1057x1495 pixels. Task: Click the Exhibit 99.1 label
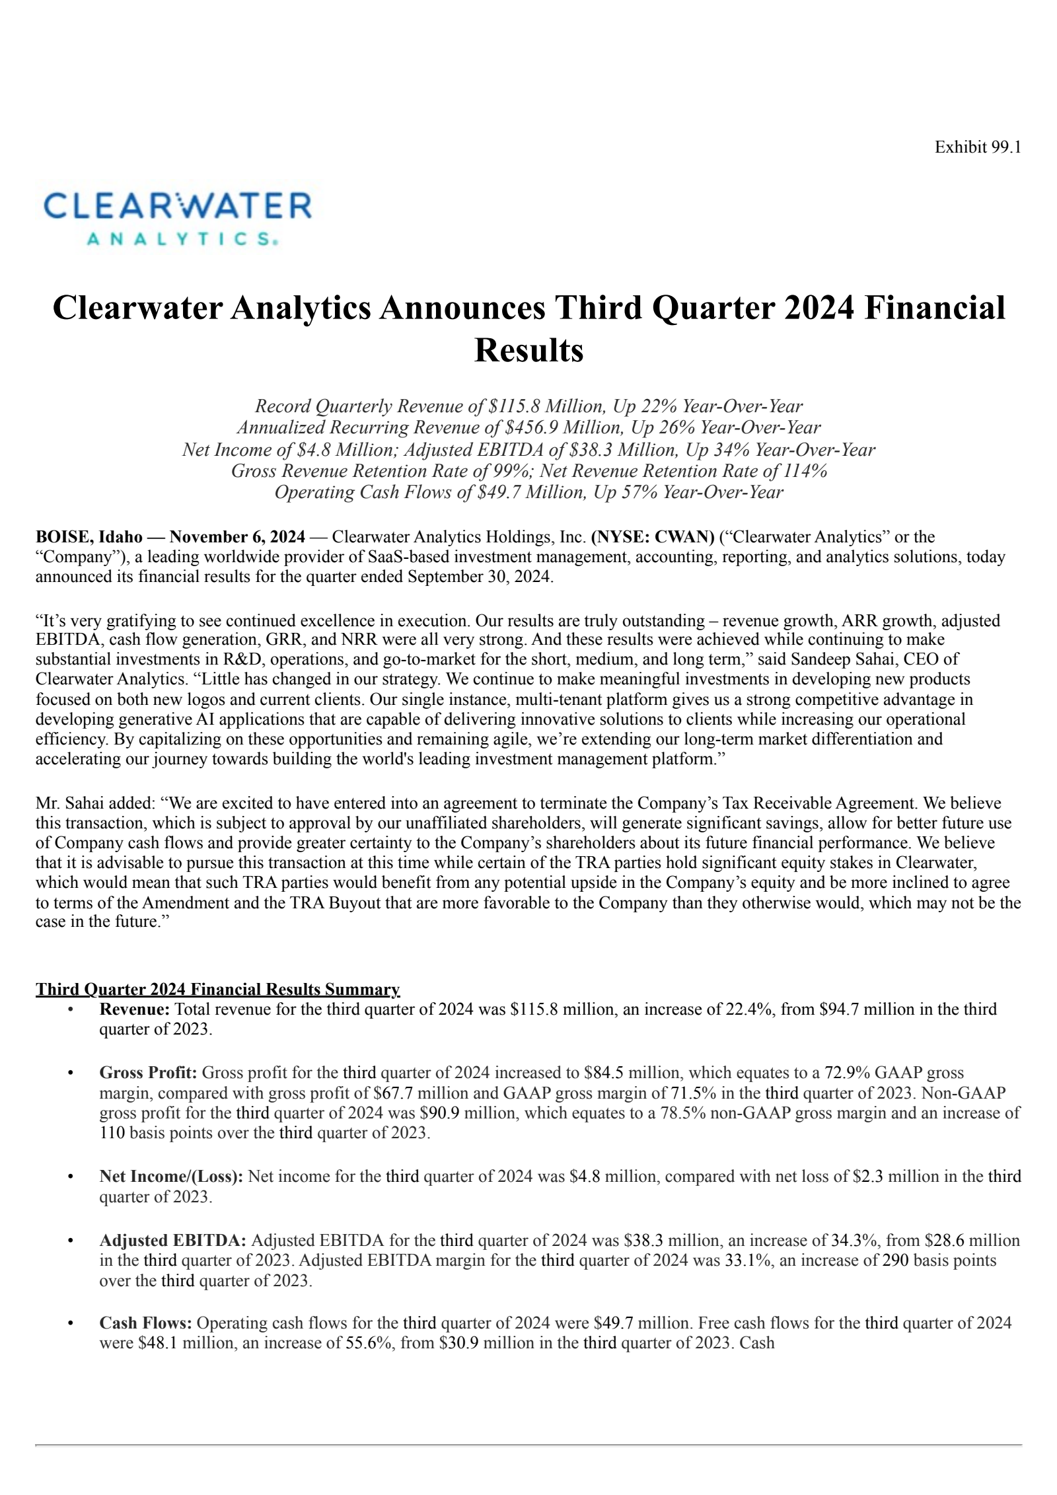pos(977,147)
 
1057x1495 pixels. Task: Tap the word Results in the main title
pos(528,350)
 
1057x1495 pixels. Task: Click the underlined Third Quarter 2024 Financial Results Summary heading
pos(217,989)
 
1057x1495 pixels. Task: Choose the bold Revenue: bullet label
pos(135,1009)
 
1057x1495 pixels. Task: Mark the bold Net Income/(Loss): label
pos(171,1176)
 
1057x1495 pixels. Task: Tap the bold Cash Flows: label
pos(145,1323)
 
